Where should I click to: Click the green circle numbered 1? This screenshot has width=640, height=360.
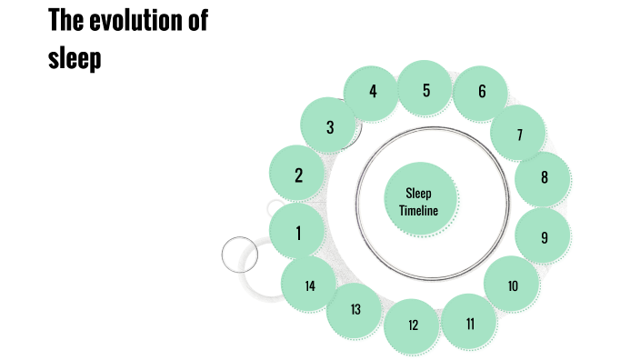pyautogui.click(x=298, y=233)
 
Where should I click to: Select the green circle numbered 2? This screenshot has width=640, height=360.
pyautogui.click(x=298, y=175)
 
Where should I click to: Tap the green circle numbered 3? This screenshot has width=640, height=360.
pyautogui.click(x=330, y=128)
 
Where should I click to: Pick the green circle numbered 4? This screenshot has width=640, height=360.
pyautogui.click(x=373, y=92)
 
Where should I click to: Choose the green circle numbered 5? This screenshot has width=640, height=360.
pyautogui.click(x=426, y=90)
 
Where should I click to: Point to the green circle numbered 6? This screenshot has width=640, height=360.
pyautogui.click(x=482, y=92)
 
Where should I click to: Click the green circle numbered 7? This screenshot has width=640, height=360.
pyautogui.click(x=519, y=135)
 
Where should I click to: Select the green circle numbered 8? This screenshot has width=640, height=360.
pyautogui.click(x=544, y=177)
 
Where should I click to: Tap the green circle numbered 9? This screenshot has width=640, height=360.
pyautogui.click(x=544, y=237)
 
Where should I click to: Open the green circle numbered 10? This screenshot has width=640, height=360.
pyautogui.click(x=513, y=285)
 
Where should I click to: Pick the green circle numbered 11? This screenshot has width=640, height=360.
pyautogui.click(x=470, y=323)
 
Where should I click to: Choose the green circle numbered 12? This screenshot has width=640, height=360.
pyautogui.click(x=413, y=325)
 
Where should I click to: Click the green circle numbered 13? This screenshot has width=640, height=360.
pyautogui.click(x=355, y=309)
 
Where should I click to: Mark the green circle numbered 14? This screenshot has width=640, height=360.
pyautogui.click(x=310, y=285)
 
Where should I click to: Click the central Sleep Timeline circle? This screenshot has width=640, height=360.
pyautogui.click(x=419, y=202)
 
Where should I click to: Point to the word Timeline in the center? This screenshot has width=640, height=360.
pyautogui.click(x=419, y=211)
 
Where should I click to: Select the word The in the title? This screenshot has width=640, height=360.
pyautogui.click(x=65, y=20)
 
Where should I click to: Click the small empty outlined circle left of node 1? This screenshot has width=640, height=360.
pyautogui.click(x=240, y=253)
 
